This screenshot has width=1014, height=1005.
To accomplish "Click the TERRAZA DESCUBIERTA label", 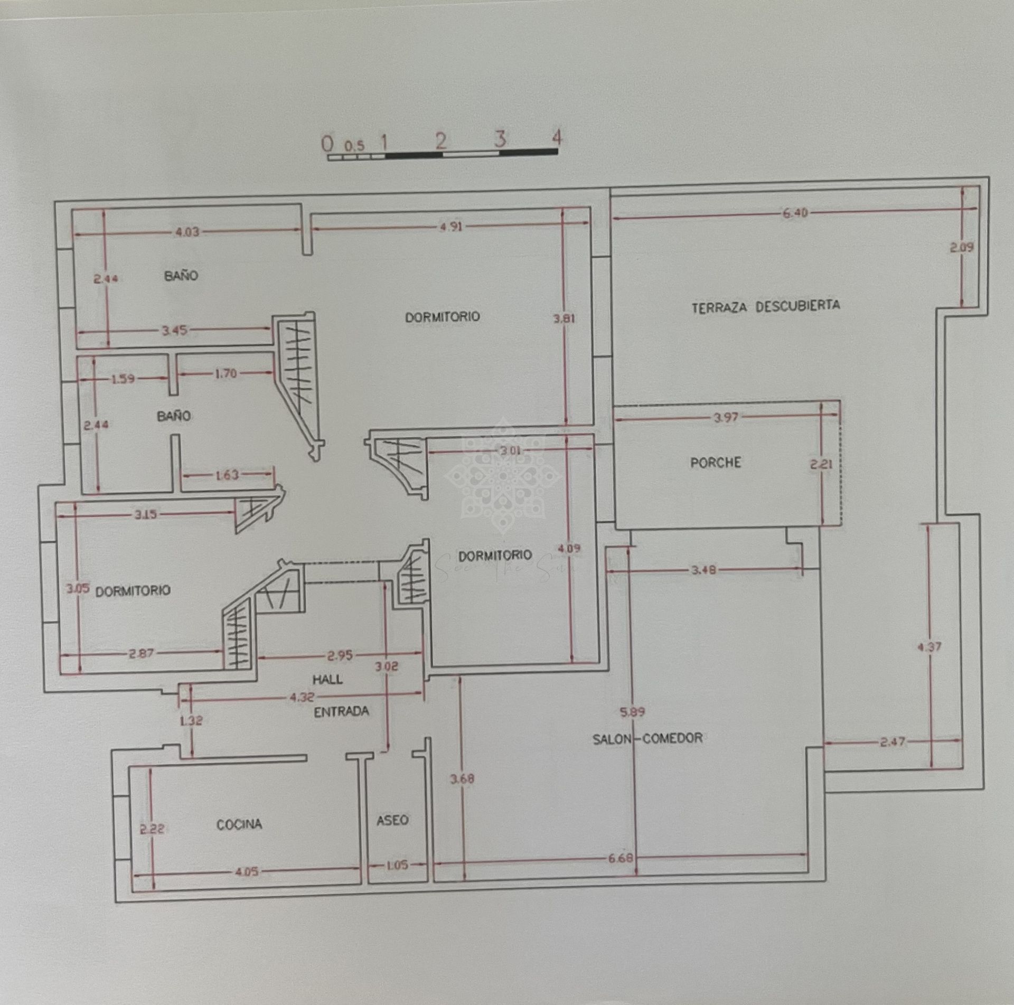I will (765, 306).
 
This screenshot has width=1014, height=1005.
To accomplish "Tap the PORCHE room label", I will (716, 463).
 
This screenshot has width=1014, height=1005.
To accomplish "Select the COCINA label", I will (239, 824).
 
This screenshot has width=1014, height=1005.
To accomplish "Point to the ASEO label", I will (392, 820).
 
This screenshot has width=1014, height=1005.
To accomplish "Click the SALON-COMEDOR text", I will (647, 738).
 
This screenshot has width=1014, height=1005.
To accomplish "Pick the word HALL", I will (327, 679).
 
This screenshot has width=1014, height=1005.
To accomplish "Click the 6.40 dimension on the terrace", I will (795, 213).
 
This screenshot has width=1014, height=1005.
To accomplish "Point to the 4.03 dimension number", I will (187, 231).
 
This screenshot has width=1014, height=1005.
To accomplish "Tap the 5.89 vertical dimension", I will (632, 712).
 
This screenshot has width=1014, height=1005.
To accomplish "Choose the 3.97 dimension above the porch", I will (726, 418).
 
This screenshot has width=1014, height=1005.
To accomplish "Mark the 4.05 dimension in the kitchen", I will (246, 871).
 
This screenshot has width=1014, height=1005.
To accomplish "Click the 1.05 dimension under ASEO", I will (397, 865).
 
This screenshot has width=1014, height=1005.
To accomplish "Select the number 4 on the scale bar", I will (556, 138).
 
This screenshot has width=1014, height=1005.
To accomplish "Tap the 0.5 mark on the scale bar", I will (354, 145).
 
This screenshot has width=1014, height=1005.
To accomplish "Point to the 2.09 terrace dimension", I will (962, 247).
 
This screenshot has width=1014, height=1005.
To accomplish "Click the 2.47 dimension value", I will (892, 742).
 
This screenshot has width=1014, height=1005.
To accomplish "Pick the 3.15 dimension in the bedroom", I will (145, 514).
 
